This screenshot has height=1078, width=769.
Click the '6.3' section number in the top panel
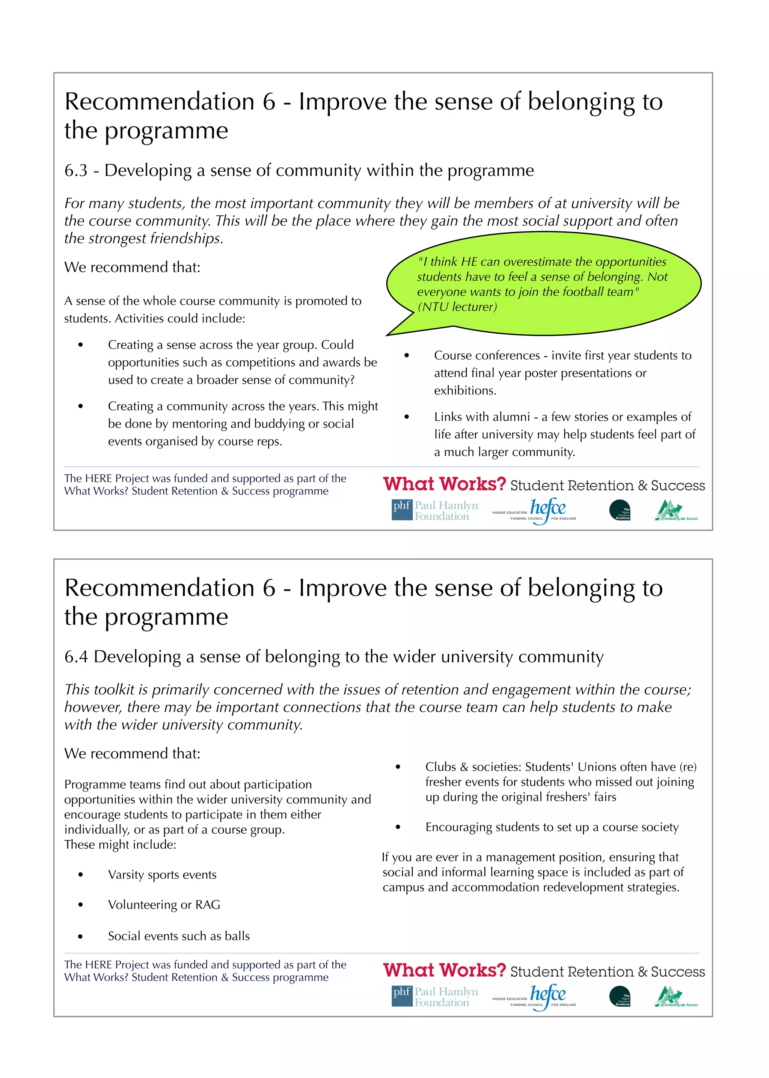(76, 170)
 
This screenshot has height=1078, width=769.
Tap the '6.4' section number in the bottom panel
(76, 657)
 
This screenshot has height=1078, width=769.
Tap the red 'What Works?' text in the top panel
(444, 484)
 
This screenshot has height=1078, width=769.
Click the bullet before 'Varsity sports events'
(81, 875)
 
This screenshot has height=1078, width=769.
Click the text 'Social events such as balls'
(178, 936)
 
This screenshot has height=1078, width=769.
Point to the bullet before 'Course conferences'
(406, 355)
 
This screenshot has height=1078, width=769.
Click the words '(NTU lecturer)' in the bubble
(457, 307)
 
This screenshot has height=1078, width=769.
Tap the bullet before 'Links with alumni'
(406, 417)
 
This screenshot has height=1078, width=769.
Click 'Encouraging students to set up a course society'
(552, 827)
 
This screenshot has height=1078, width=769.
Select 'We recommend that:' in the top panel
(132, 268)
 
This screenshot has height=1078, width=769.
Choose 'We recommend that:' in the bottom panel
(132, 753)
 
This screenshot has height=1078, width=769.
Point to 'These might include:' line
(120, 845)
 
